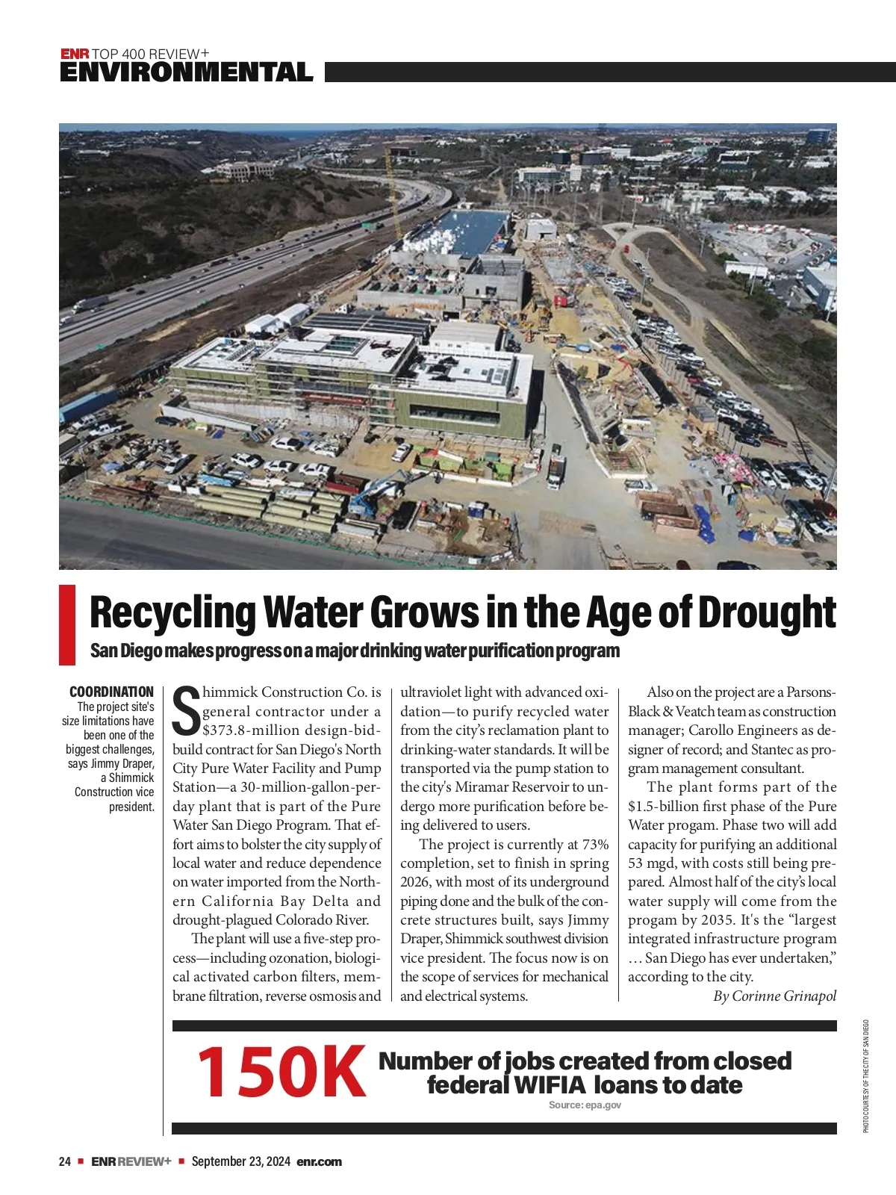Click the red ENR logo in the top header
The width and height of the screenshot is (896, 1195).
click(x=75, y=54)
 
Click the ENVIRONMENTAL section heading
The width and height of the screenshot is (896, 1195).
click(x=186, y=72)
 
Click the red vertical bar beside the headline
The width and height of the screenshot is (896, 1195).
click(x=67, y=625)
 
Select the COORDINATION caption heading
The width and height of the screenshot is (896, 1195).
click(x=111, y=692)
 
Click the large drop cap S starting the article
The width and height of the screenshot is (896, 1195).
click(x=186, y=711)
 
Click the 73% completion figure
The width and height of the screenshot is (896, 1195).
click(x=593, y=845)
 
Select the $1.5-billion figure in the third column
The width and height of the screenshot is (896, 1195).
click(x=669, y=807)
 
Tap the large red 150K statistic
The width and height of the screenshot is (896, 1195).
click(x=281, y=1072)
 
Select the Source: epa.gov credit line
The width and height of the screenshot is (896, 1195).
click(x=585, y=1105)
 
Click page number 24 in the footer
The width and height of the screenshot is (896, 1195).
click(x=64, y=1161)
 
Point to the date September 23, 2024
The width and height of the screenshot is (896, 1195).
click(x=240, y=1161)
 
